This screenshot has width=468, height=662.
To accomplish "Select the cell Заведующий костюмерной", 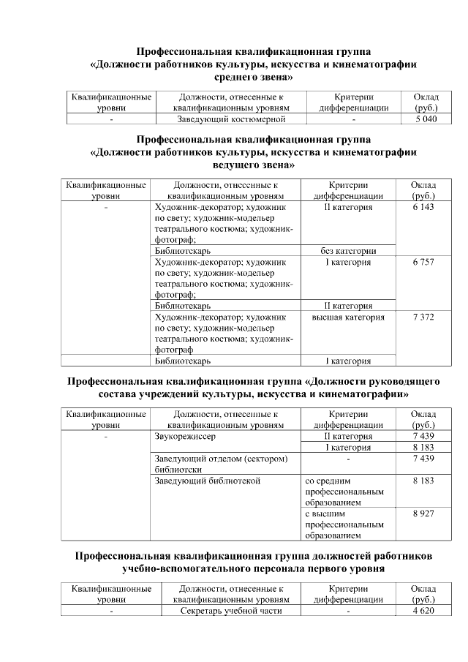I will (230, 119).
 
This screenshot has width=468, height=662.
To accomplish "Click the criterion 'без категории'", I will (348, 251).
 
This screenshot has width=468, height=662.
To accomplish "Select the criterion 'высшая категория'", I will (348, 317).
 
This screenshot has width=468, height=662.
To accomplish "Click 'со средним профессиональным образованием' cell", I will (344, 492).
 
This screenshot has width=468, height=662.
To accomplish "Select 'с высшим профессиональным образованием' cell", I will (344, 524).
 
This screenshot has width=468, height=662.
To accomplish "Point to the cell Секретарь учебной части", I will (230, 611).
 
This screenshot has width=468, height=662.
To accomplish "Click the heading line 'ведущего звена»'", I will (253, 165).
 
